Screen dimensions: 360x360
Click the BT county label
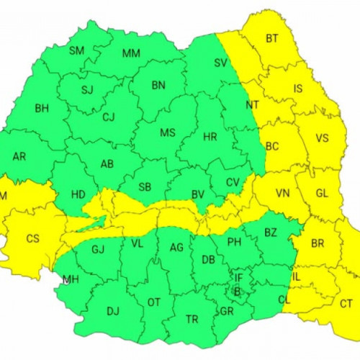point(271,37)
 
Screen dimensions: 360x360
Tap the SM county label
point(76,50)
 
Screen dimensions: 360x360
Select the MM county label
point(131,53)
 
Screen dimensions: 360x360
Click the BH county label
point(41,109)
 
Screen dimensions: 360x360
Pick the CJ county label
point(109,117)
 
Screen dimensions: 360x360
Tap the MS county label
point(168,133)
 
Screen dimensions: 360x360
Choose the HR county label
point(210,136)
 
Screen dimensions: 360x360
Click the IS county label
point(298,89)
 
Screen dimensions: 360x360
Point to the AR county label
point(19,156)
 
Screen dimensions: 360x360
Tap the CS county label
point(32,238)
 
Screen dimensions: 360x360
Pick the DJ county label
point(112,311)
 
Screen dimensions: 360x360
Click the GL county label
point(321,193)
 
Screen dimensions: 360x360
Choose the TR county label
point(192,318)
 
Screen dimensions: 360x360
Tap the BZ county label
point(271,232)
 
